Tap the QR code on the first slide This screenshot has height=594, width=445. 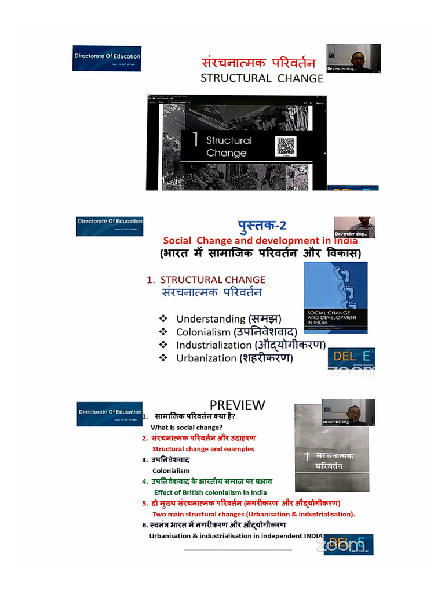tap(286, 146)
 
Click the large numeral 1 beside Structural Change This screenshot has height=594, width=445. tap(195, 140)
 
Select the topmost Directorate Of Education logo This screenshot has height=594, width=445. tap(107, 59)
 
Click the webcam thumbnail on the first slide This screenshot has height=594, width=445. tap(353, 58)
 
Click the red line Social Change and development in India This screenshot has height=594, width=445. tap(260, 240)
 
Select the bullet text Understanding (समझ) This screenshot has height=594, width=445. tap(228, 318)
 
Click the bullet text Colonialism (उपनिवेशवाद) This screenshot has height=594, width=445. tap(236, 332)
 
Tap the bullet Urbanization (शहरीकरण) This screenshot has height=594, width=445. tap(234, 358)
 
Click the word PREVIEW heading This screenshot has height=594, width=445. tap(237, 405)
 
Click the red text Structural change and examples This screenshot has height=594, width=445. tap(203, 448)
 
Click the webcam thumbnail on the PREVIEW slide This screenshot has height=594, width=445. tap(348, 412)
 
